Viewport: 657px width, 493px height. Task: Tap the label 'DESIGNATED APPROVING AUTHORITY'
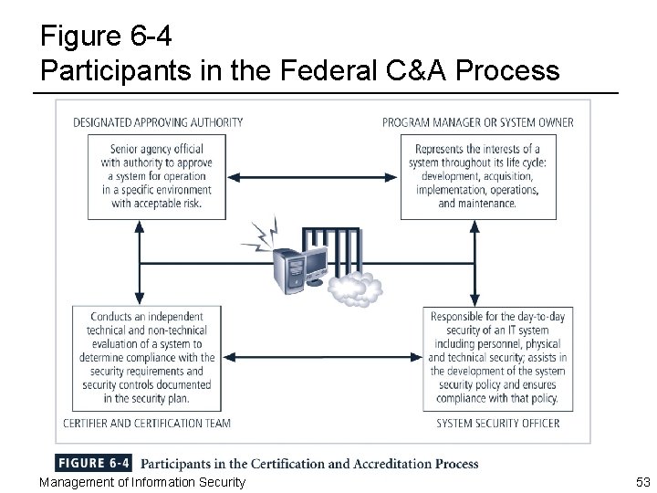[x=158, y=122]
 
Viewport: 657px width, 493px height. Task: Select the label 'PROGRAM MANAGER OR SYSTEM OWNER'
[x=478, y=122]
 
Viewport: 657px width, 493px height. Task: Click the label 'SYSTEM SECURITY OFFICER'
[x=498, y=423]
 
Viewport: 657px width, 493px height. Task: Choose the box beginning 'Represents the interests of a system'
[x=476, y=176]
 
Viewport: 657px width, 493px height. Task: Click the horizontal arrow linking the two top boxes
[x=316, y=176]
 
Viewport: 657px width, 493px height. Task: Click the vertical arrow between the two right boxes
[x=474, y=260]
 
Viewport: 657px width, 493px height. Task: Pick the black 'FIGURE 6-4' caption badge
[x=95, y=464]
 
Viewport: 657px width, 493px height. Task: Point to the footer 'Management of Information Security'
[x=143, y=481]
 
